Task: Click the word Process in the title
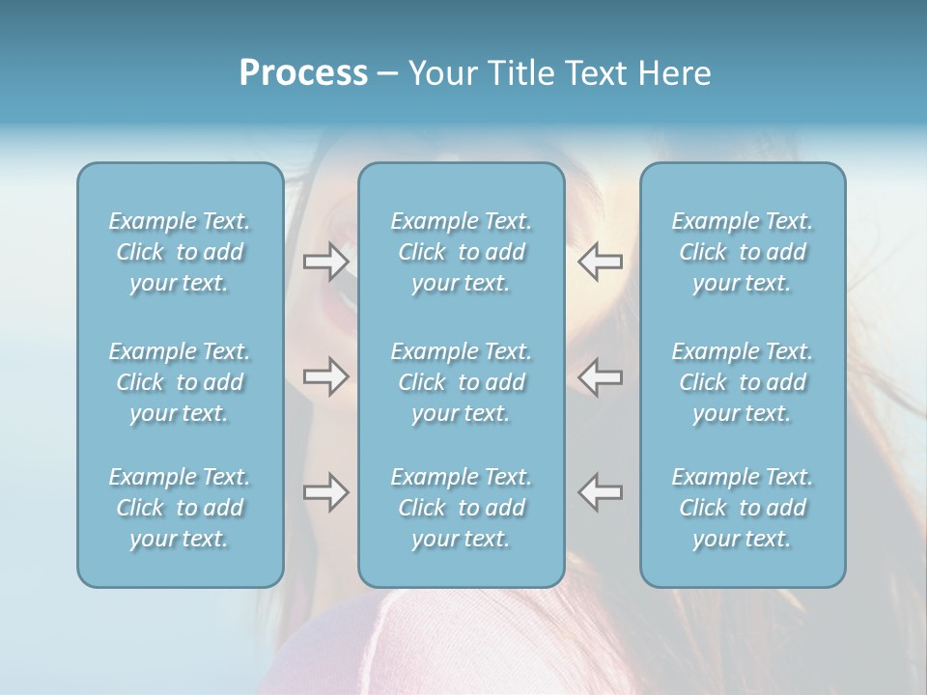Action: pyautogui.click(x=303, y=73)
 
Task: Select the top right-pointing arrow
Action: pyautogui.click(x=325, y=262)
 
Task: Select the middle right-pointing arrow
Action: pyautogui.click(x=325, y=376)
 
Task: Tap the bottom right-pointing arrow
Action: pyautogui.click(x=325, y=492)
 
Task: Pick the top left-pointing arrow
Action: pyautogui.click(x=600, y=262)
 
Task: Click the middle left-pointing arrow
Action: pyautogui.click(x=600, y=376)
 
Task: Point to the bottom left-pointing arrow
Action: pyautogui.click(x=600, y=492)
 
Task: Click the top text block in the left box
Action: pyautogui.click(x=180, y=252)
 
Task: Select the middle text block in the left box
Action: pyautogui.click(x=180, y=382)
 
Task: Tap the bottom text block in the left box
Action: pyautogui.click(x=180, y=508)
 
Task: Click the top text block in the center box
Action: pyautogui.click(x=461, y=252)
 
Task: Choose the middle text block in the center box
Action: pyautogui.click(x=461, y=382)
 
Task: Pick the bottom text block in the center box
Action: pyautogui.click(x=461, y=508)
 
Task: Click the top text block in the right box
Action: pyautogui.click(x=742, y=252)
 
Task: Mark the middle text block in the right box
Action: pyautogui.click(x=742, y=382)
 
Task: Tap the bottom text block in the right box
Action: pyautogui.click(x=742, y=508)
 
